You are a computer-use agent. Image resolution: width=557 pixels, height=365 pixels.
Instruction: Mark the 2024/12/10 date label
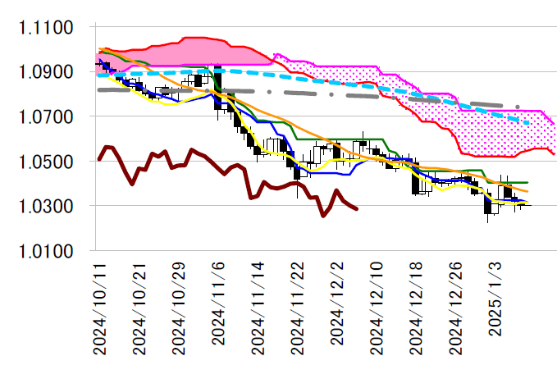tap(378, 307)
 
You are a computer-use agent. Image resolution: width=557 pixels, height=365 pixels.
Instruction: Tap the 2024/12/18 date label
tap(418, 307)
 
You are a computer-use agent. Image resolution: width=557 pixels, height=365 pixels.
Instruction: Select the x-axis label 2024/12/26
tap(458, 307)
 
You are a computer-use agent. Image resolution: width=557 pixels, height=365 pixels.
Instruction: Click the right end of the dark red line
tap(357, 209)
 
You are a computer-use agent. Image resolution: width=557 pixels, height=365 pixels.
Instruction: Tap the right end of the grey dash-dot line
tap(518, 107)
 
